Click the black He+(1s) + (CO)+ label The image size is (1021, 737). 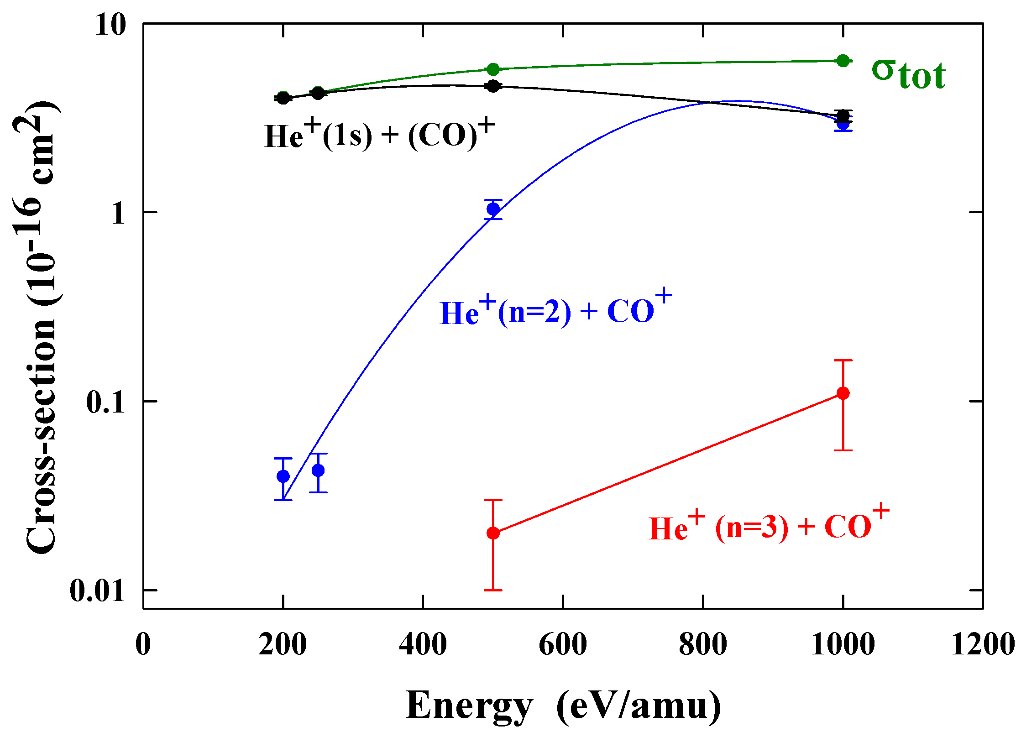[379, 135]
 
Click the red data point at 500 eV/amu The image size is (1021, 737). [493, 533]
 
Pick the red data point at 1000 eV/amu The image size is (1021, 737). [843, 393]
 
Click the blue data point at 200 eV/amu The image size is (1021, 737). [283, 476]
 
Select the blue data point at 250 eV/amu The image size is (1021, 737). [318, 470]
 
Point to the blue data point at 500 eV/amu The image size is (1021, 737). [493, 209]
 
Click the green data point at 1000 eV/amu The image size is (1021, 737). [843, 61]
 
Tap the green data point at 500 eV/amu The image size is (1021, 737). [493, 69]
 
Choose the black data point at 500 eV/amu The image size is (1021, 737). [493, 86]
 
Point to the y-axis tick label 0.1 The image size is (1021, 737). [105, 402]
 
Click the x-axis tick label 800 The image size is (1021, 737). [703, 645]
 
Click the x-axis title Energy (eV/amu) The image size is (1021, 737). [563, 706]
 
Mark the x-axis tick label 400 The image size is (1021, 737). [423, 645]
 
